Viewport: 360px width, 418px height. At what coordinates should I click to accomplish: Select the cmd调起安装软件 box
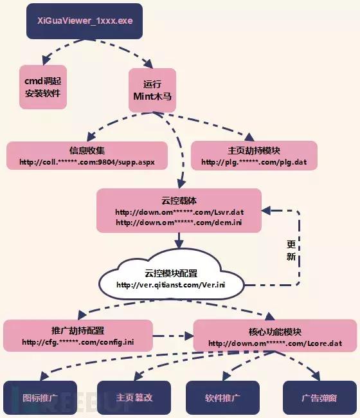tap(42, 86)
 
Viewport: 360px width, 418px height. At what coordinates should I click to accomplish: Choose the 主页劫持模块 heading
tap(253, 150)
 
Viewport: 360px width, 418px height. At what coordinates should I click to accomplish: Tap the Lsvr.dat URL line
tap(179, 212)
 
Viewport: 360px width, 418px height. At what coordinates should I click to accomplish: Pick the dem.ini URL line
tap(179, 223)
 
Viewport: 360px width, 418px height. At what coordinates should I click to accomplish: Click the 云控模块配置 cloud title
tap(172, 271)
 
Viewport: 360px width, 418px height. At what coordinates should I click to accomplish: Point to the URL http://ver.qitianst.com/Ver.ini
tap(172, 285)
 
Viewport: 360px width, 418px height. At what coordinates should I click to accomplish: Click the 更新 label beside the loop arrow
tap(291, 251)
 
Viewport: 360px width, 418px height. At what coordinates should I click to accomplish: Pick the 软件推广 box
tap(222, 397)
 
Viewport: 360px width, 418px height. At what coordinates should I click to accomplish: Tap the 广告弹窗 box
tap(319, 397)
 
